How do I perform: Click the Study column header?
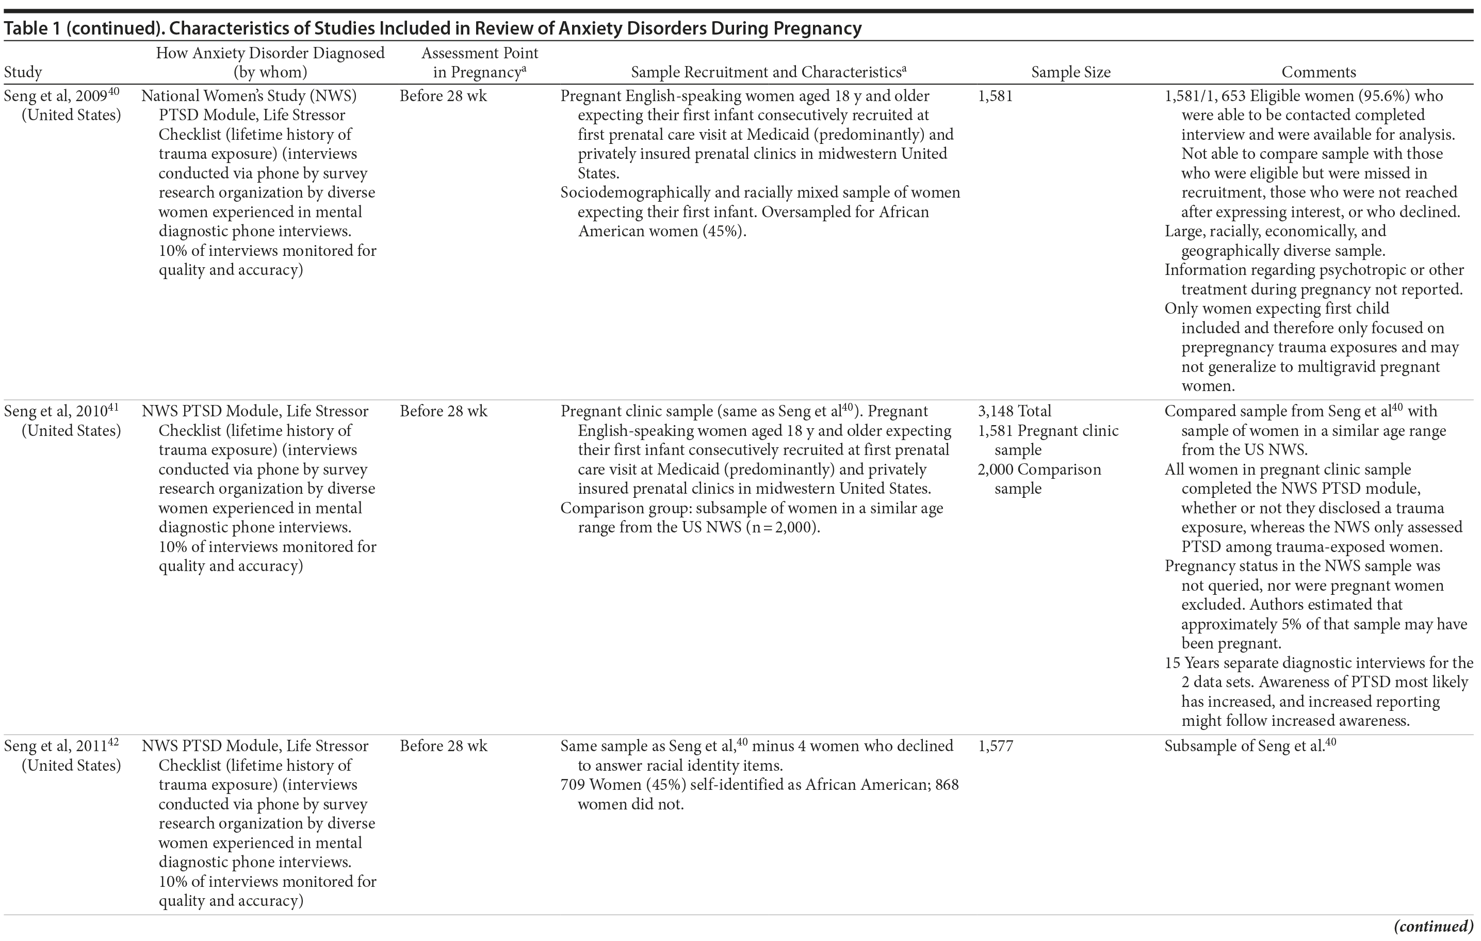click(23, 72)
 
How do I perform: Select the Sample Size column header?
click(1070, 72)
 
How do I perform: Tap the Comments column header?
click(1318, 72)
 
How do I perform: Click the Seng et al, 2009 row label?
click(61, 105)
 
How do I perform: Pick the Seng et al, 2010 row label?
click(61, 420)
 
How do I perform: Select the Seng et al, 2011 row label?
click(61, 755)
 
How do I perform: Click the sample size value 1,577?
click(995, 746)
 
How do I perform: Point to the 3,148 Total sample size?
click(1014, 411)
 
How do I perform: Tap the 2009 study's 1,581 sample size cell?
click(995, 96)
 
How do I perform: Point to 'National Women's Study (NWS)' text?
click(249, 96)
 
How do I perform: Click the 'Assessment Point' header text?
click(479, 53)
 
